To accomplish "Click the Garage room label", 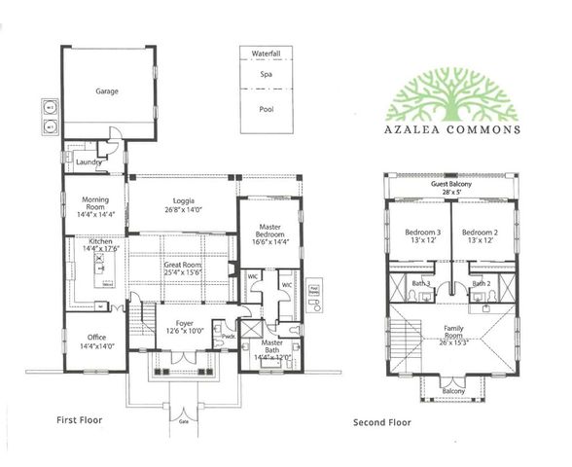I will tap(107, 91).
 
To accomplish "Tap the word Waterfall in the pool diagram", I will tap(266, 53).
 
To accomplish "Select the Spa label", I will tap(266, 74).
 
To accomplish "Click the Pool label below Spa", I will tap(266, 109).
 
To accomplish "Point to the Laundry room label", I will tap(89, 162).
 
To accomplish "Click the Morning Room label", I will tap(96, 206).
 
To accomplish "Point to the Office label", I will tap(95, 340).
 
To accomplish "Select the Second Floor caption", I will tap(381, 422).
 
